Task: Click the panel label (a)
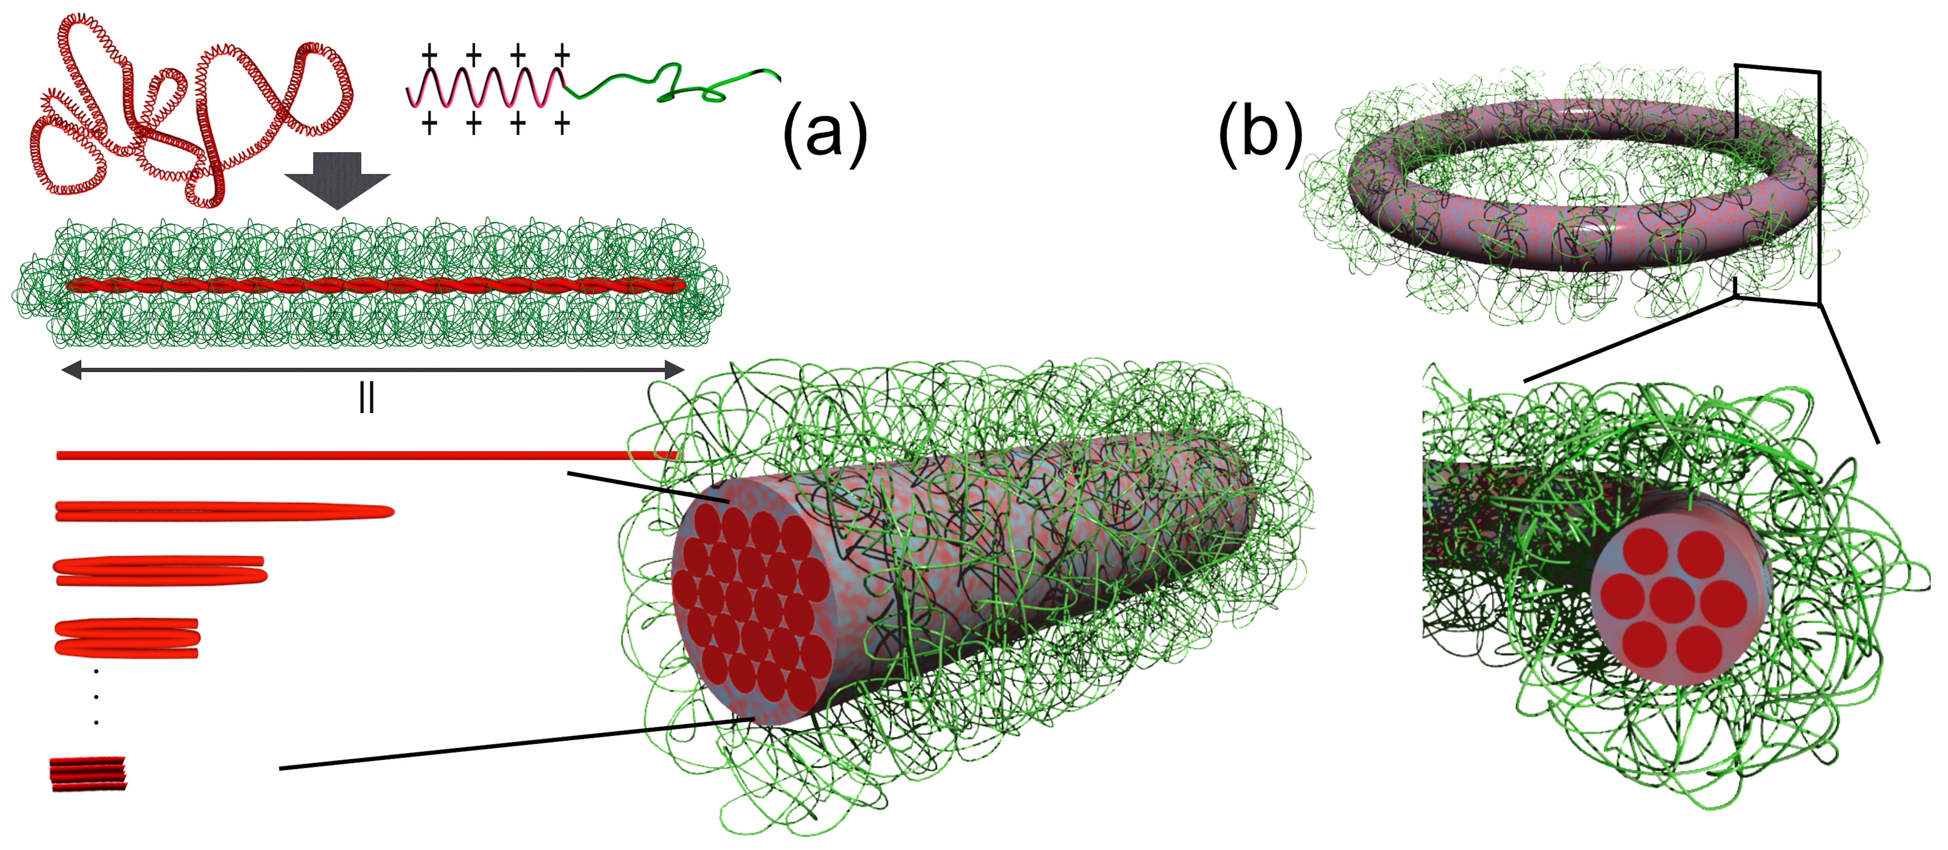(824, 135)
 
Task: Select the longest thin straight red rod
(363, 455)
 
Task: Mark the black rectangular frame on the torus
(1818, 189)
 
